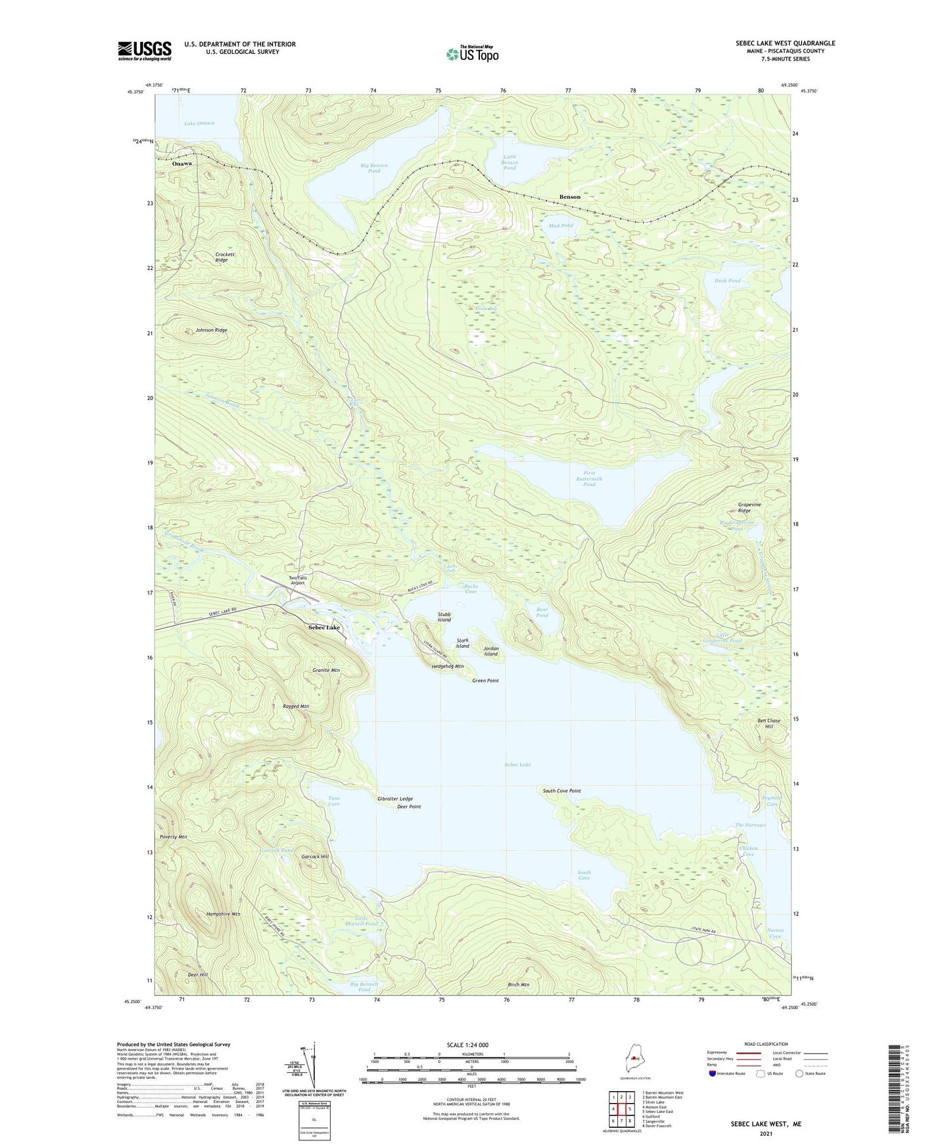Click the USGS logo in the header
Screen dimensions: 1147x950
144,51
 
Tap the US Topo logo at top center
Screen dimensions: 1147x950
472,53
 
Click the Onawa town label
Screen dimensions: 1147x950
182,164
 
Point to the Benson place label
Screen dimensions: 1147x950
569,197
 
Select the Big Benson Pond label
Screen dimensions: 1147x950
373,168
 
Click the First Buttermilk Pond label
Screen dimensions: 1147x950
588,478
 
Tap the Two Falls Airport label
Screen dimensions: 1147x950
298,580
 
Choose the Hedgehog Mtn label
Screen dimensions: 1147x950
448,666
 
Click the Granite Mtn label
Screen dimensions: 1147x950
325,670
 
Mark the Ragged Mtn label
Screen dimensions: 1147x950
295,706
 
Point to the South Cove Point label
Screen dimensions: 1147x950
561,791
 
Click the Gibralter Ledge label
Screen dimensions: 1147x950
395,799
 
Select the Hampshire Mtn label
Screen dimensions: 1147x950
224,914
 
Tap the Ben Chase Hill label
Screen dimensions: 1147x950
769,723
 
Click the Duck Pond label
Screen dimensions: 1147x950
727,281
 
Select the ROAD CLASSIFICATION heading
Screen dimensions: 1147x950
765,1044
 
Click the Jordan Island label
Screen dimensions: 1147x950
491,651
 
